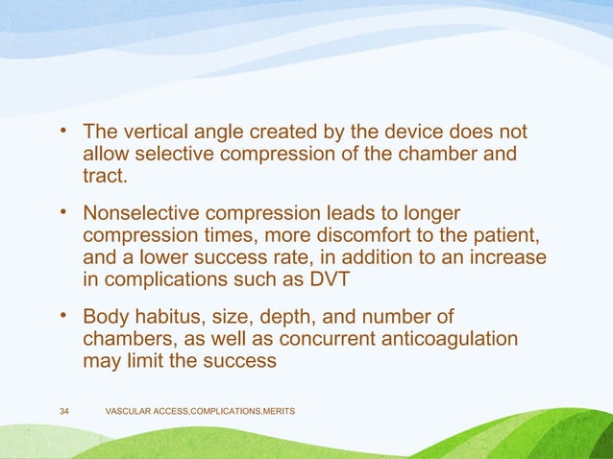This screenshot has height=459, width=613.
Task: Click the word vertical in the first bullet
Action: (154, 132)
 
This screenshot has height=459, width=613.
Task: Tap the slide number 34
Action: (64, 412)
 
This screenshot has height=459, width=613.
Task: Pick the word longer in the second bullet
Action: (429, 213)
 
